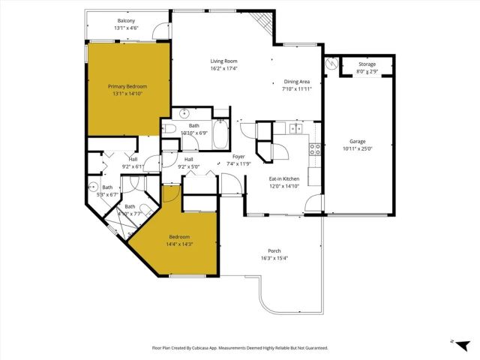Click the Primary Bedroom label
pyautogui.click(x=126, y=86)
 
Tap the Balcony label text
pyautogui.click(x=126, y=20)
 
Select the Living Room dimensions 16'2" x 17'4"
pyautogui.click(x=223, y=68)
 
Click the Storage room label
pyautogui.click(x=367, y=64)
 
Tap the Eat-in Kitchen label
pyautogui.click(x=285, y=178)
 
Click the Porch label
pyautogui.click(x=274, y=251)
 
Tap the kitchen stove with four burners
pyautogui.click(x=316, y=148)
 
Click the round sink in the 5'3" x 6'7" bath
pyautogui.click(x=94, y=187)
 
